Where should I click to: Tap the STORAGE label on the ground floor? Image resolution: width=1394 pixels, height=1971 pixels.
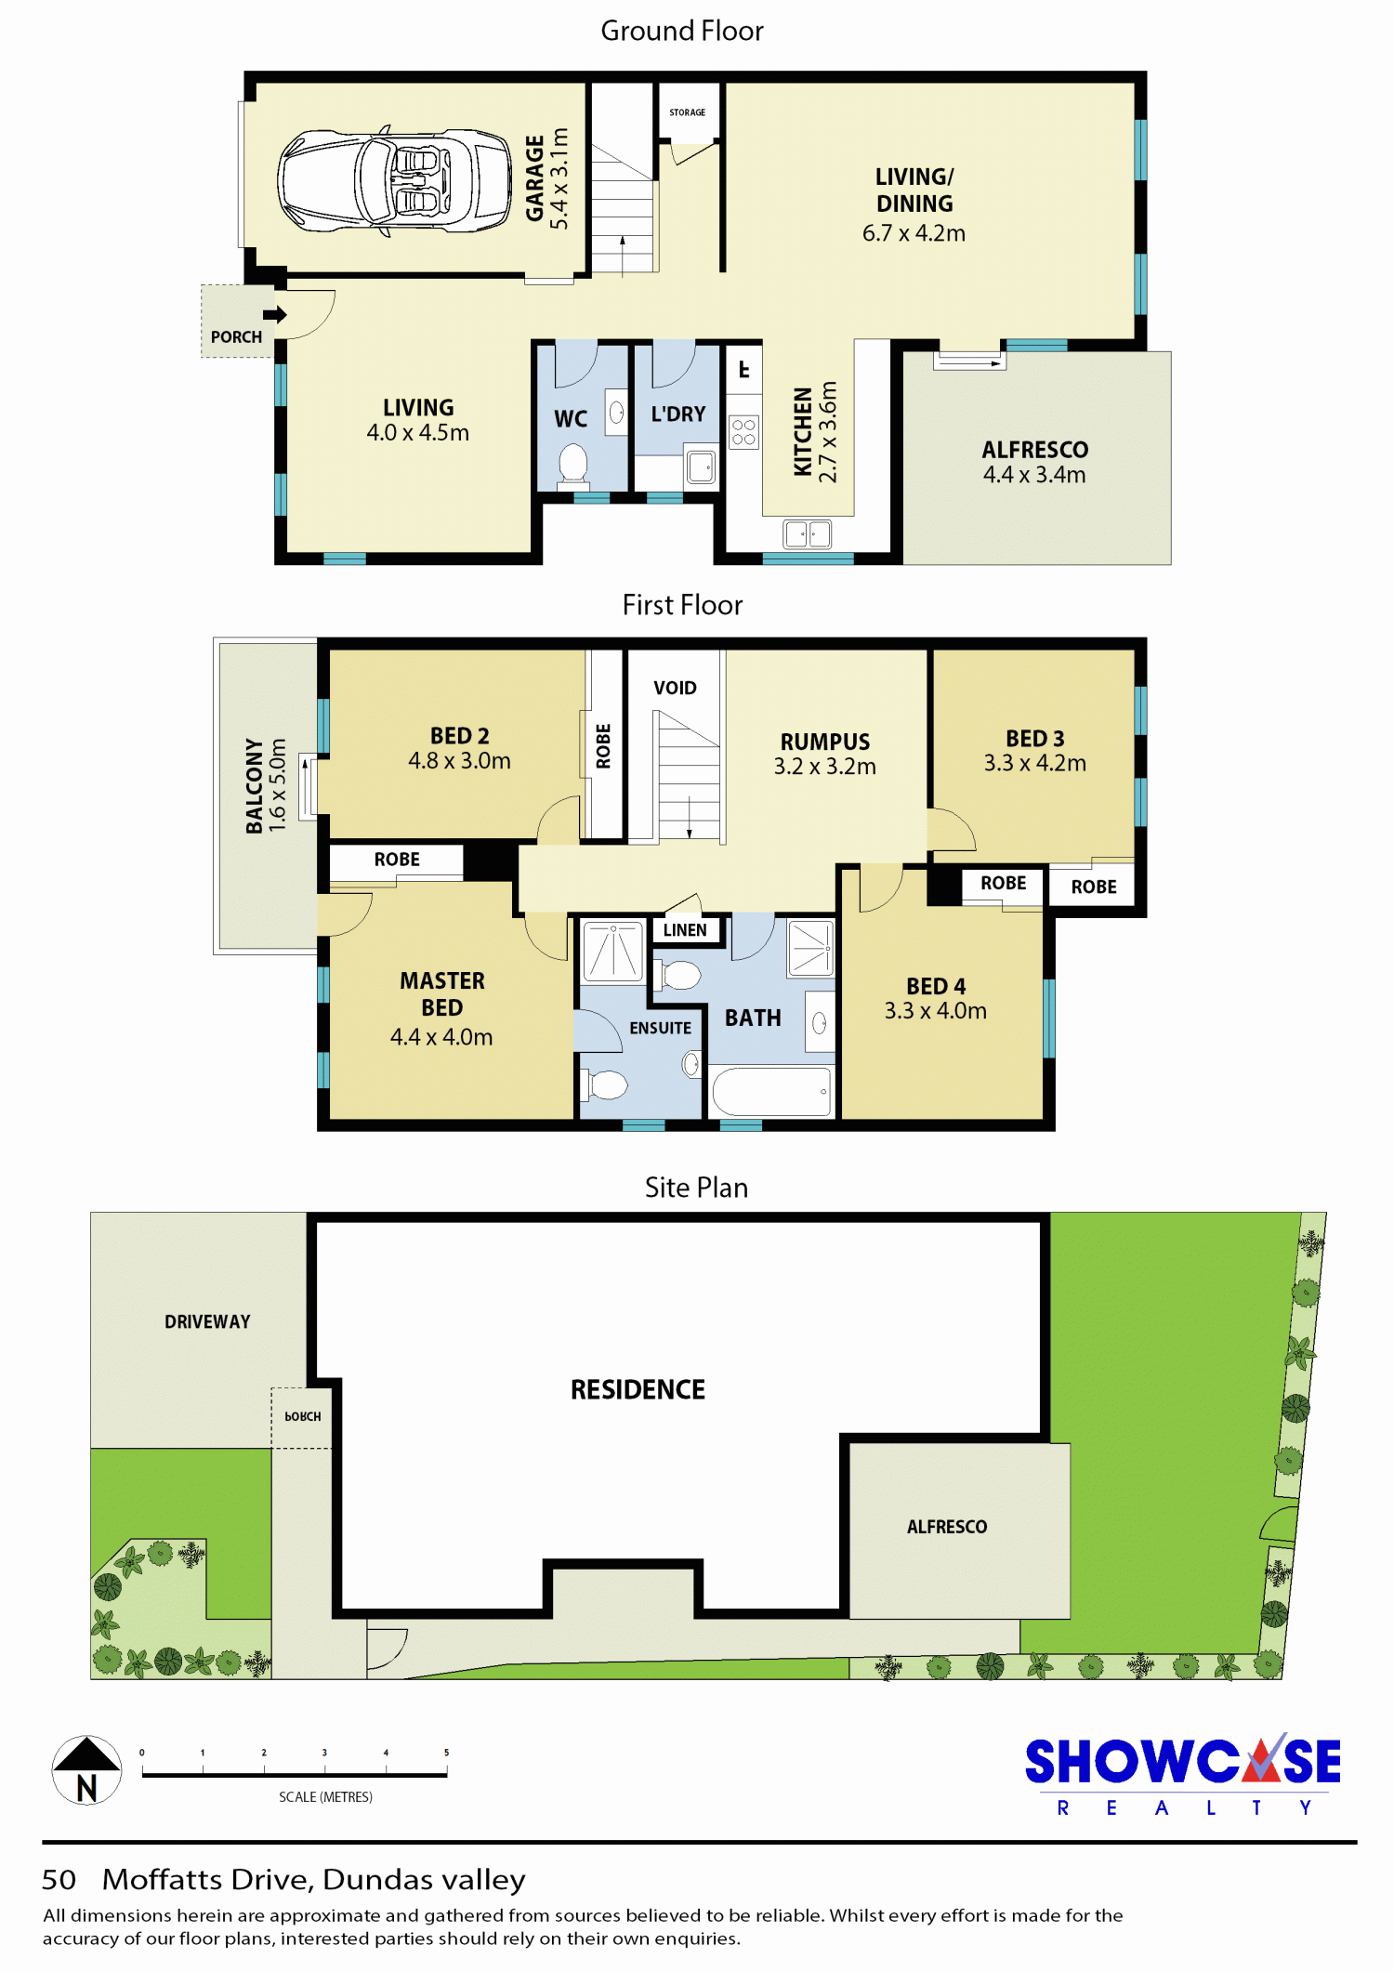click(x=688, y=112)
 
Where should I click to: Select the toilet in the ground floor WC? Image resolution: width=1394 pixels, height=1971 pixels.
click(x=573, y=463)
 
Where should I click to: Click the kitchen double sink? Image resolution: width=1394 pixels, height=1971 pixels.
click(x=808, y=534)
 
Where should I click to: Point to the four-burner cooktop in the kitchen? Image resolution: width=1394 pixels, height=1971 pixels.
click(x=743, y=431)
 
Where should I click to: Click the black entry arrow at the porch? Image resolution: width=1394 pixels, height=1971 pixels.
click(x=275, y=314)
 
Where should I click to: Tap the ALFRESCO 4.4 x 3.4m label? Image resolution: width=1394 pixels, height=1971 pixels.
click(x=1034, y=462)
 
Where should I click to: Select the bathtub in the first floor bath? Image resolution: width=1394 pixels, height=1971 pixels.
click(x=771, y=1091)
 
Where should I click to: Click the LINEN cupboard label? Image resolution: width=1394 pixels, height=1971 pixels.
click(x=685, y=930)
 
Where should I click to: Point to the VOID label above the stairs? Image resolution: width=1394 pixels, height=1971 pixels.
click(x=675, y=688)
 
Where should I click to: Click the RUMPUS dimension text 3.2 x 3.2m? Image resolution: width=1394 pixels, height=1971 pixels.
click(x=825, y=767)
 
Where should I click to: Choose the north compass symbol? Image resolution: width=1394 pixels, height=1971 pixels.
click(x=86, y=1770)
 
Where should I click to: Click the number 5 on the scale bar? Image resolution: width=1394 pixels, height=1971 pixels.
click(x=446, y=1753)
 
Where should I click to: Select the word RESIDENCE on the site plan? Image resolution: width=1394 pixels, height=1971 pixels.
click(x=638, y=1389)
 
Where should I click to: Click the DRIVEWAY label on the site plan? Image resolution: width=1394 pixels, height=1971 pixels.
click(x=207, y=1321)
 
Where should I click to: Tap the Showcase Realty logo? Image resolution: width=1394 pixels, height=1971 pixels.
click(x=1183, y=1774)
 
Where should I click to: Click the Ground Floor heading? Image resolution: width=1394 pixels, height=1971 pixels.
click(x=682, y=31)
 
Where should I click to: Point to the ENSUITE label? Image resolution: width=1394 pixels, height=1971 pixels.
click(x=661, y=1028)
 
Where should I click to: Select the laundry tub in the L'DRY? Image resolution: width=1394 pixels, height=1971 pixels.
click(x=702, y=466)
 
